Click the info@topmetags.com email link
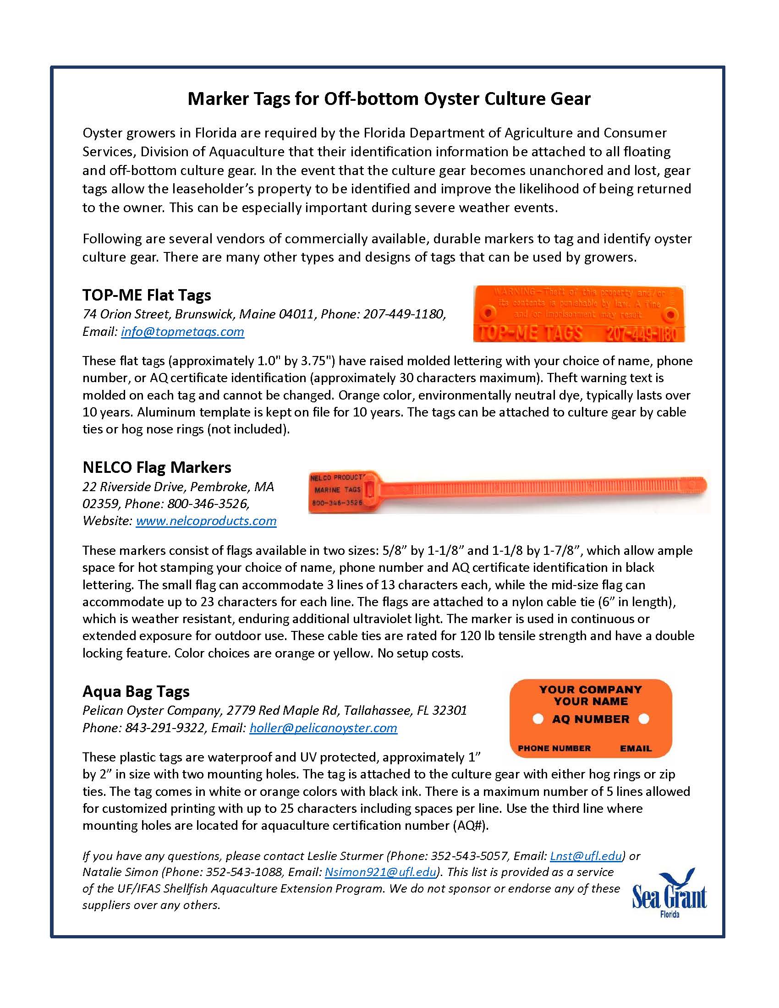182,332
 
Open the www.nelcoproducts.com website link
206,521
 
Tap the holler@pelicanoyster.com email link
323,728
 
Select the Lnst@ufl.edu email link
586,856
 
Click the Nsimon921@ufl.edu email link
381,872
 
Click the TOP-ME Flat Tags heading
147,295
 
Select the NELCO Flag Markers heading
156,467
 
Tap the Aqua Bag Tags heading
136,691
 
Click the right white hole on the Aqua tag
643,719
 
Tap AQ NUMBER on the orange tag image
590,719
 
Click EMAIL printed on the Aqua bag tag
636,748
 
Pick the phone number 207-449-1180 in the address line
404,315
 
